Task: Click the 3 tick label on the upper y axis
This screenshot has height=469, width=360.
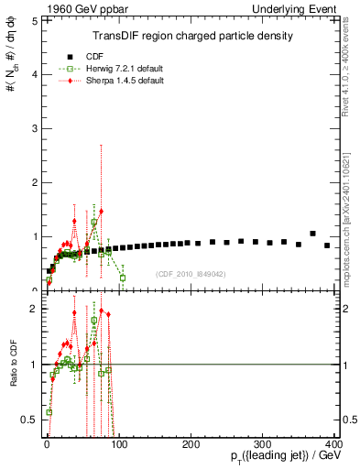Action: pos(33,128)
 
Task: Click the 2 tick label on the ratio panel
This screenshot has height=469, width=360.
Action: pos(33,309)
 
